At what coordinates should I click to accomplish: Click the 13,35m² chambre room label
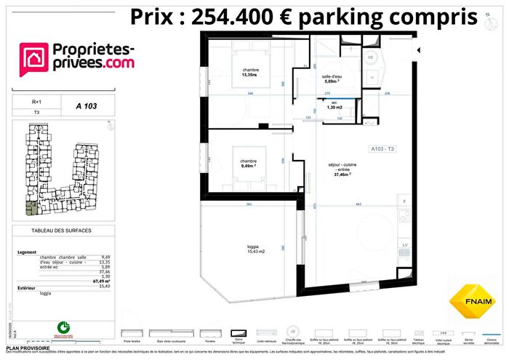[252, 71]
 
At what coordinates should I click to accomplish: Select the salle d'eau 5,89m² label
[334, 79]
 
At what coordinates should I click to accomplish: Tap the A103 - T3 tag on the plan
[382, 148]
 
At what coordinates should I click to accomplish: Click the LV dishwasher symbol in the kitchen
[405, 245]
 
